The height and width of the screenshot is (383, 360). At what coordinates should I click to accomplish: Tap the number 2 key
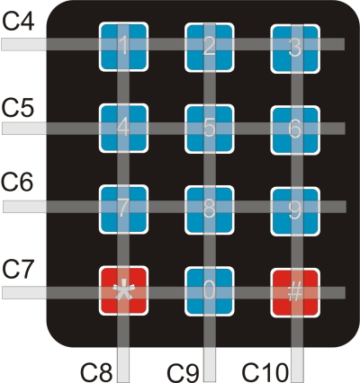[x=209, y=48]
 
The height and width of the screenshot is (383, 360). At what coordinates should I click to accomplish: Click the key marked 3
[x=295, y=49]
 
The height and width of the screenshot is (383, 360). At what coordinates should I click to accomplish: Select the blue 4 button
[x=123, y=129]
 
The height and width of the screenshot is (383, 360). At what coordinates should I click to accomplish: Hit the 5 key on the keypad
[x=209, y=129]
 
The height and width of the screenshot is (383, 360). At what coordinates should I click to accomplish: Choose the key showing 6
[x=295, y=130]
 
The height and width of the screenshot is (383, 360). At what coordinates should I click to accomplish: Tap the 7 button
[x=123, y=209]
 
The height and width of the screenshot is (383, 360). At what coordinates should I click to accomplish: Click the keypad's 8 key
[x=209, y=210]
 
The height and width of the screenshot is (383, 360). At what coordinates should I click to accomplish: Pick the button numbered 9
[x=295, y=211]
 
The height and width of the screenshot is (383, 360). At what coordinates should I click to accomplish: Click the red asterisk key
[x=123, y=290]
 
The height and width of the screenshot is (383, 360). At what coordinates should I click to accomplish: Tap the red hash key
[x=295, y=292]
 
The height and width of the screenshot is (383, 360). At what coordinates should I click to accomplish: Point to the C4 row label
[x=18, y=22]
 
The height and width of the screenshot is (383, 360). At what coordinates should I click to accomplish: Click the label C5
[x=18, y=108]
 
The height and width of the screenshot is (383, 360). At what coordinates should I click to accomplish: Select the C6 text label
[x=17, y=182]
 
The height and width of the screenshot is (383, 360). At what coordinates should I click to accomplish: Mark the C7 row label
[x=17, y=269]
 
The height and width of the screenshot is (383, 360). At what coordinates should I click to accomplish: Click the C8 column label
[x=96, y=373]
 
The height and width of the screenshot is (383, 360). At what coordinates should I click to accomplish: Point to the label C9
[x=183, y=373]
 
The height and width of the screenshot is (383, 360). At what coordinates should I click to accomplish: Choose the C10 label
[x=265, y=372]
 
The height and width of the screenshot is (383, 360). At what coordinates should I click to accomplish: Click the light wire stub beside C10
[x=298, y=365]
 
